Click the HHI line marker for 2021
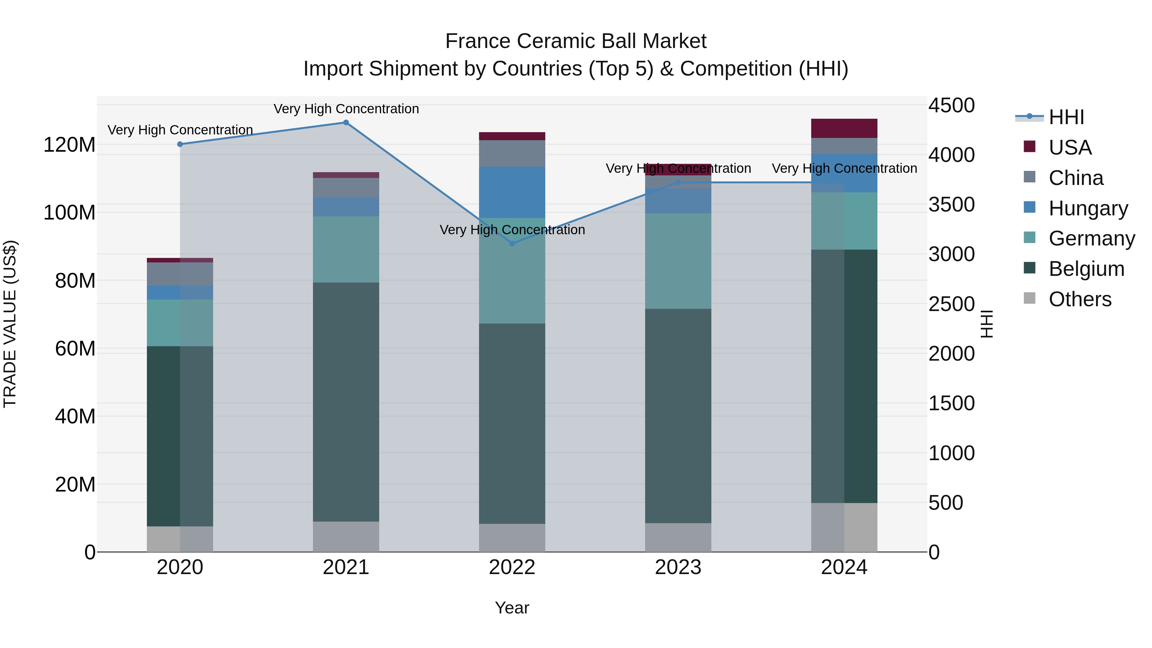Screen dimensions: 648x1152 point(346,123)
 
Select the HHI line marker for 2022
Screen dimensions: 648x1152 point(512,243)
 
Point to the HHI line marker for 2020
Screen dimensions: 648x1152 point(180,144)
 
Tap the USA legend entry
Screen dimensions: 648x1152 point(1070,148)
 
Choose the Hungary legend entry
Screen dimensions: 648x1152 point(1088,208)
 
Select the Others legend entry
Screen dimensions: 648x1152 point(1080,299)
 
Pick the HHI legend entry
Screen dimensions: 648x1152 point(1066,117)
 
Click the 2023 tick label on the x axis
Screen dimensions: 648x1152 point(678,567)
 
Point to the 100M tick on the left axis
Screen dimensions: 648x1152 point(69,212)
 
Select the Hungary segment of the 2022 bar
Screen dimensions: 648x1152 point(512,192)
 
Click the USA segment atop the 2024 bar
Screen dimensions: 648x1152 point(844,128)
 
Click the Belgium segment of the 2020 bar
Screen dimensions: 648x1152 point(180,436)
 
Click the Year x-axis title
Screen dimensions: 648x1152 point(512,608)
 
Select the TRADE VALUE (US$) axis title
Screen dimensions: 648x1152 point(10,324)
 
